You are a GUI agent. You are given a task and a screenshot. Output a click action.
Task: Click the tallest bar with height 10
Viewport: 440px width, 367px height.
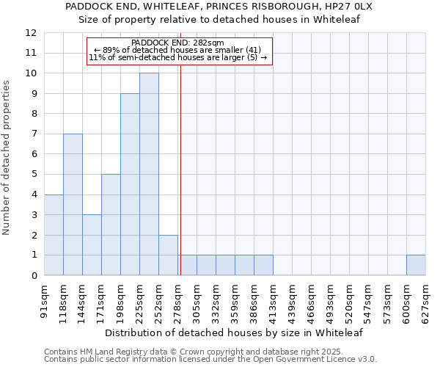(149, 174)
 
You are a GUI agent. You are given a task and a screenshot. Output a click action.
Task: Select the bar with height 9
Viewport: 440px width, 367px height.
(130, 184)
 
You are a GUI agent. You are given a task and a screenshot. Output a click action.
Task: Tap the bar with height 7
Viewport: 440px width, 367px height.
(73, 204)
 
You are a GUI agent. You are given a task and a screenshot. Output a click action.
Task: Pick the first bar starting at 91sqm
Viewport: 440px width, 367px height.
(54, 235)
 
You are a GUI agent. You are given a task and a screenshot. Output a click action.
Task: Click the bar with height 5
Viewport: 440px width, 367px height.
(111, 225)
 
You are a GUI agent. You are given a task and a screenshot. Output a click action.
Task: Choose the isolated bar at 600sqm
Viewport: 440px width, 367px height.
(416, 265)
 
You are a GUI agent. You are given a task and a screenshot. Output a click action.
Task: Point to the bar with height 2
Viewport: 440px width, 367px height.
(168, 255)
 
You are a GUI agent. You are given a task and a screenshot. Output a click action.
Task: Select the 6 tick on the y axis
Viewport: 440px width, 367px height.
(34, 154)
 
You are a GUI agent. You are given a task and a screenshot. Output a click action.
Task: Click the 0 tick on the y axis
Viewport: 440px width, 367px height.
(34, 275)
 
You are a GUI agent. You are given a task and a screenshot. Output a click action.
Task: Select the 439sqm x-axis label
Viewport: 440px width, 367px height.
(293, 299)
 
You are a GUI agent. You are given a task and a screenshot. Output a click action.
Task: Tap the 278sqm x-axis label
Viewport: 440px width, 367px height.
(178, 299)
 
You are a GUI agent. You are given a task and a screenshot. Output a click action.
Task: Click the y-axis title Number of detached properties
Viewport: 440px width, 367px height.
(7, 158)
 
